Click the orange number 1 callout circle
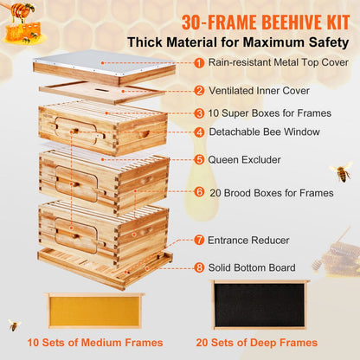[200, 62]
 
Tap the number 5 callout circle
[200, 159]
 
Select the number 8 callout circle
[200, 267]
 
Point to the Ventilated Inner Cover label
[262, 90]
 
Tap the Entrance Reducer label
[254, 240]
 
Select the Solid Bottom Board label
[259, 267]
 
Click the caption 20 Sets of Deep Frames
[260, 342]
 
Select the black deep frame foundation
[260, 304]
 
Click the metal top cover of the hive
[104, 72]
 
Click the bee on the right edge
[341, 171]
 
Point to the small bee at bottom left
[15, 325]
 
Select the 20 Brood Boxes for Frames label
[272, 191]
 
